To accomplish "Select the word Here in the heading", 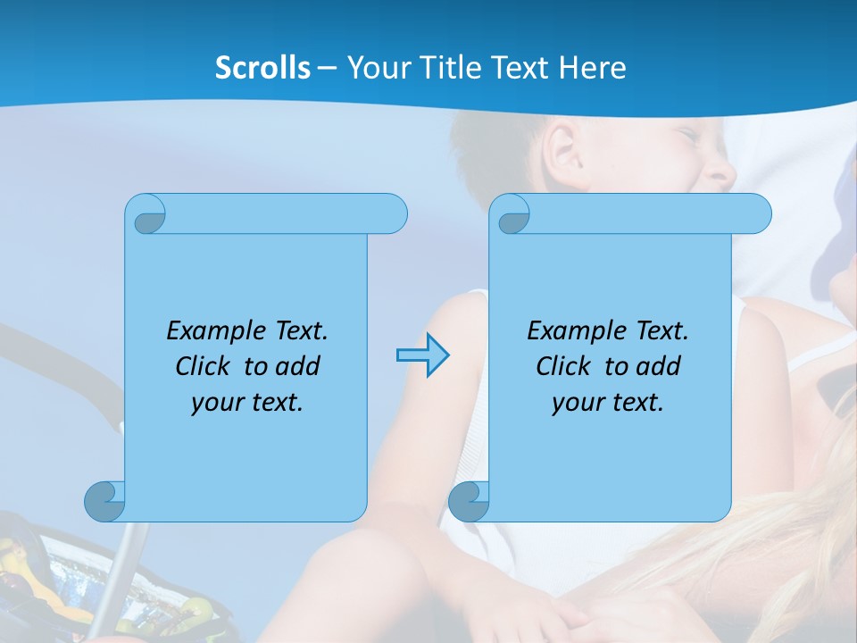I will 593,68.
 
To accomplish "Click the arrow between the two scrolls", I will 422,355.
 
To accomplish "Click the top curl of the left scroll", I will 146,215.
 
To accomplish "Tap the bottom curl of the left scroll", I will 105,501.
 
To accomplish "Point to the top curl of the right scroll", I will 512,215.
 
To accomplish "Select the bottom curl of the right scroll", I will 469,501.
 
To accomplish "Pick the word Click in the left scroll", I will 203,366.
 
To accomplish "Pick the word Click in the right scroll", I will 562,366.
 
